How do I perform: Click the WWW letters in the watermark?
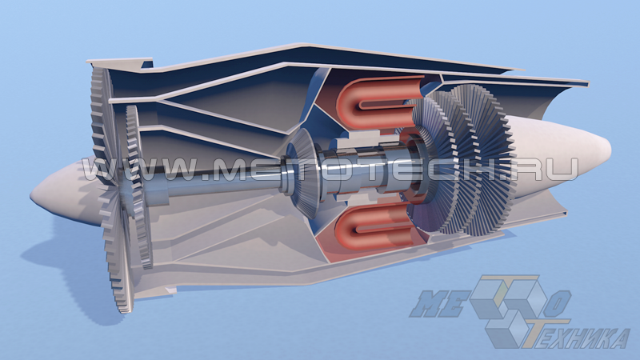pos(143,170)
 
